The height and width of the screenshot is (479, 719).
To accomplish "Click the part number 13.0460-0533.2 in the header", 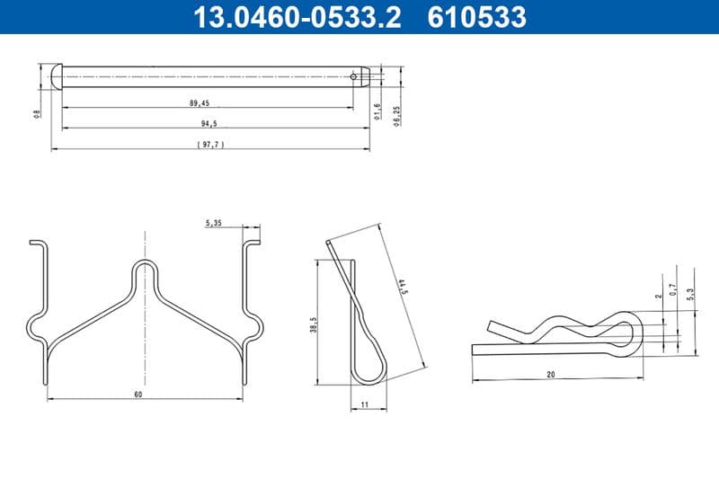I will click(297, 17).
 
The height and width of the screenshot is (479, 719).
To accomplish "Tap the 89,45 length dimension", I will click(200, 103).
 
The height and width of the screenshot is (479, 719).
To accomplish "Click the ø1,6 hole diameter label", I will click(377, 111).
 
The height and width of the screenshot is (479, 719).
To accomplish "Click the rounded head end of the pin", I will click(57, 75).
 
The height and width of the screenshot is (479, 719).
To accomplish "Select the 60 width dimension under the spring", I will click(138, 394).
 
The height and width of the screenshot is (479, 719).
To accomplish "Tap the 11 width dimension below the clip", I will click(365, 405).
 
